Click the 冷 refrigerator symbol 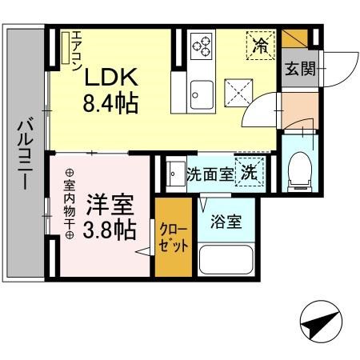coord(259,43)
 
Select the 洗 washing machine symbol coord(250,172)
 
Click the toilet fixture coord(300,166)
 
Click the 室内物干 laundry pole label coord(70,203)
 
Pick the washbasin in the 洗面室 coord(174,173)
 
